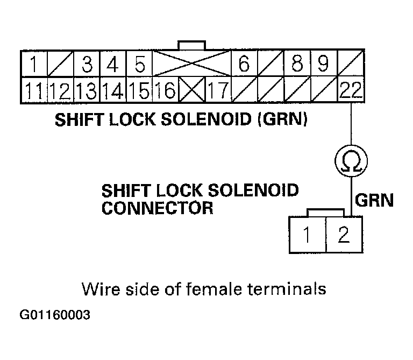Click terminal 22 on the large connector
coord(351,90)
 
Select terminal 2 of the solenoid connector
coord(344,235)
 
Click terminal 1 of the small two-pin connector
coord(308,235)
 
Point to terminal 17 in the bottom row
coord(218,90)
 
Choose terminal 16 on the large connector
coord(166,90)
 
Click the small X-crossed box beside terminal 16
coord(192,90)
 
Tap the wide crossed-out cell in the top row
coord(192,64)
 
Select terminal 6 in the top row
coord(245,64)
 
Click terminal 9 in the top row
coord(323,64)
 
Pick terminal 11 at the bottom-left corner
coord(33,90)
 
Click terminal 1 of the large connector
coord(33,64)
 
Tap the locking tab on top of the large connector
coord(192,45)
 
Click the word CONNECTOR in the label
coord(157,208)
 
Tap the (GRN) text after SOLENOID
coord(282,119)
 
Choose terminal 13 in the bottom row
coord(86,90)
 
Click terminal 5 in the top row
coord(139,64)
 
